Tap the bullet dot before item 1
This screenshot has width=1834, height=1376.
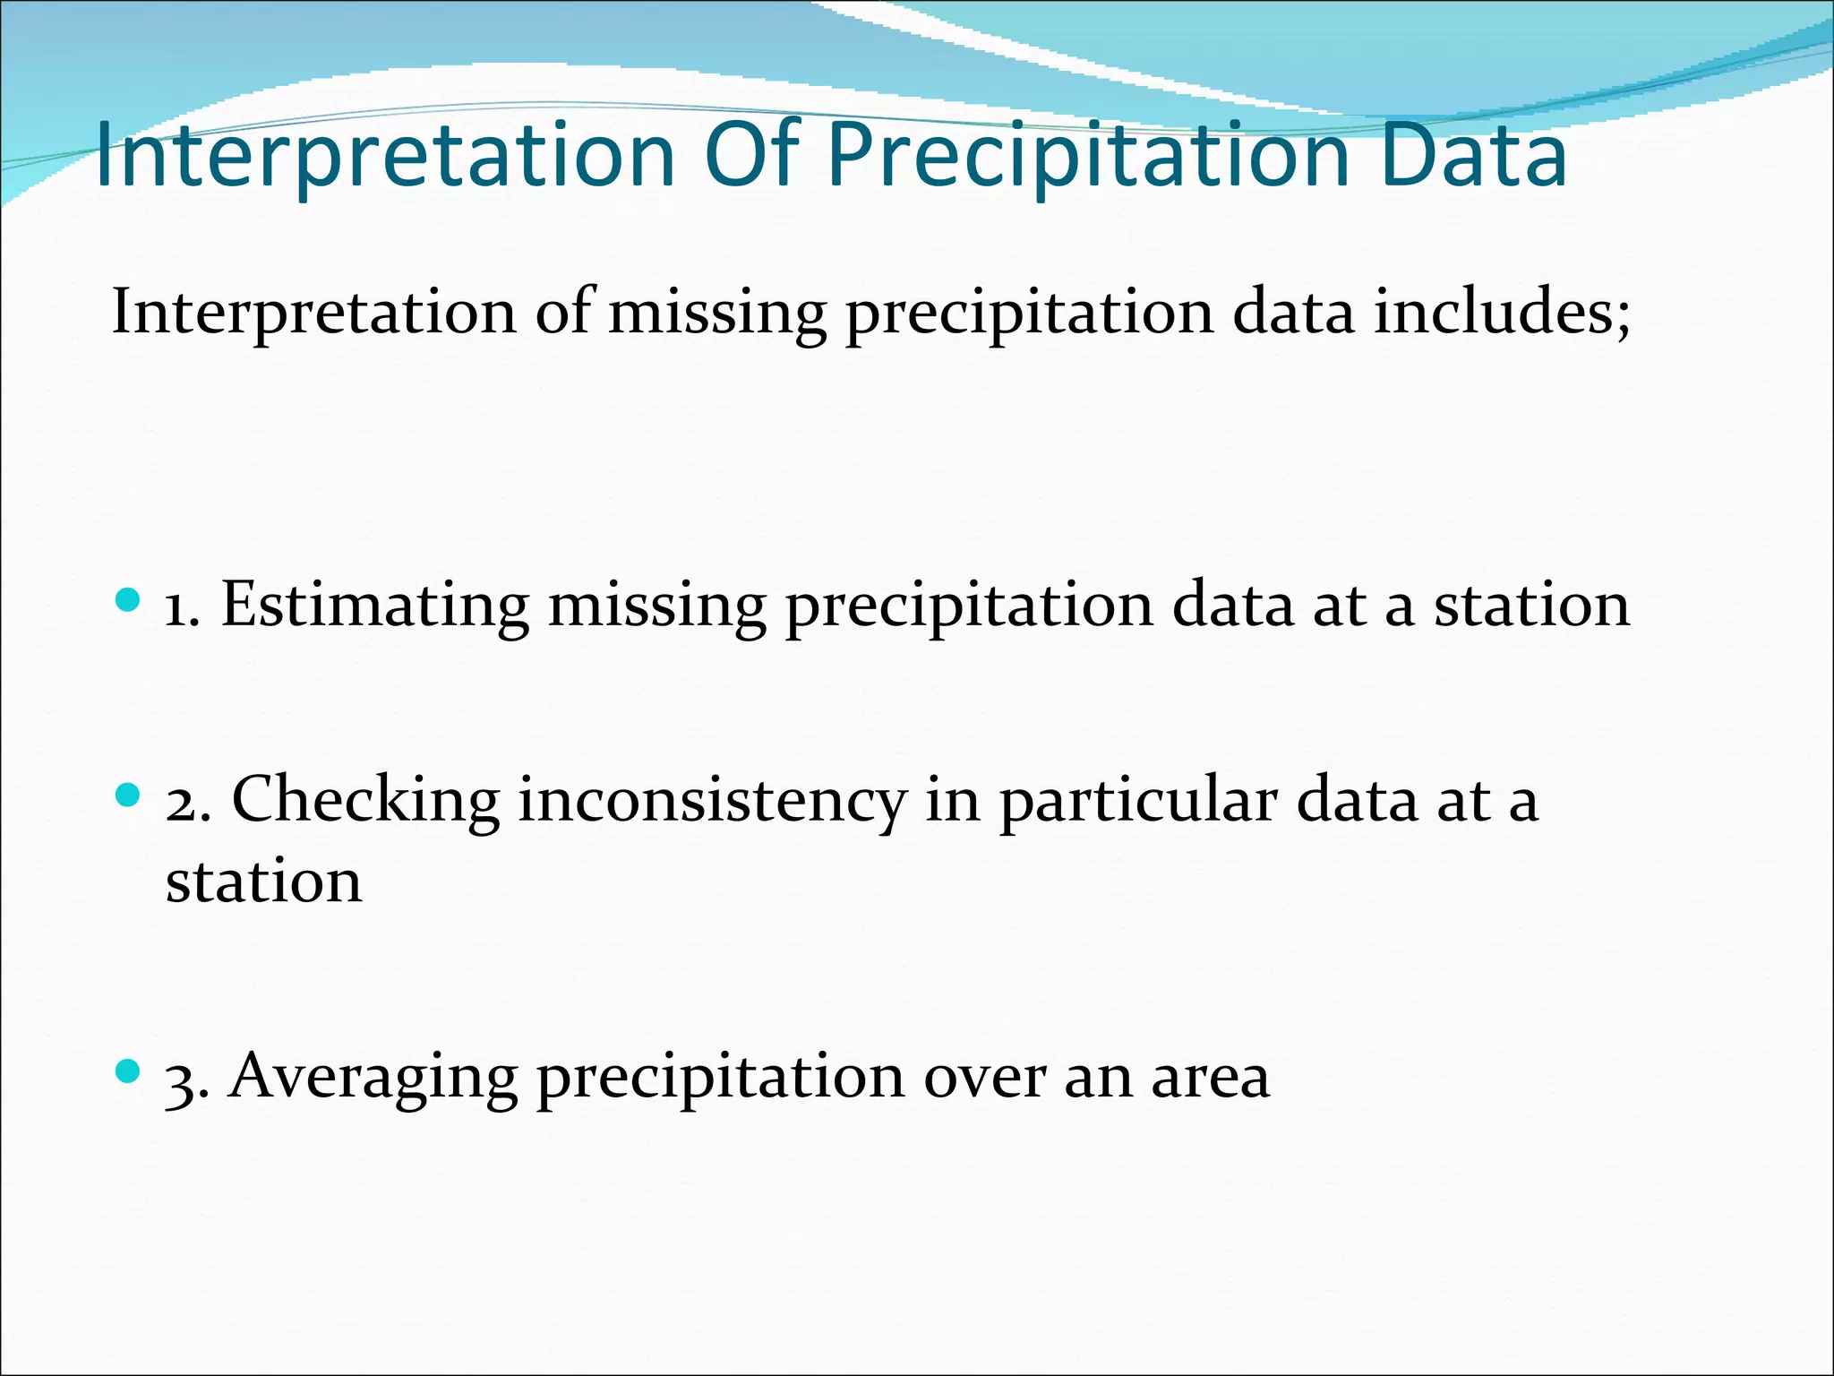[129, 599]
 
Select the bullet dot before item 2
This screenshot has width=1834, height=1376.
[129, 795]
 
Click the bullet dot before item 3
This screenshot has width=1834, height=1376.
[129, 1071]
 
